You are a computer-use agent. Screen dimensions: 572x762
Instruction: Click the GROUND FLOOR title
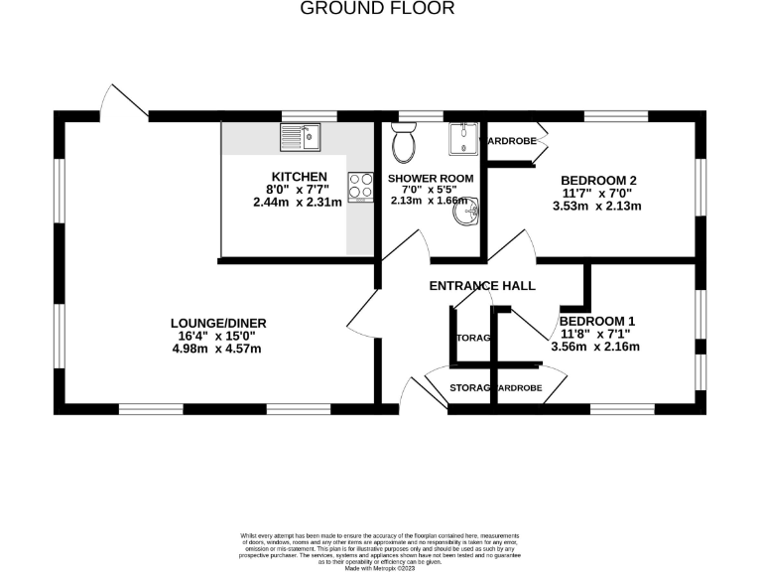coord(377,9)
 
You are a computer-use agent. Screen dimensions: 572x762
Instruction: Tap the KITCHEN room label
coord(297,177)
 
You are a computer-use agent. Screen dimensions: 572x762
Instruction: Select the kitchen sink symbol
coord(303,137)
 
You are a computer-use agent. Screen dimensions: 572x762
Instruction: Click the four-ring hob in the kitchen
coord(358,186)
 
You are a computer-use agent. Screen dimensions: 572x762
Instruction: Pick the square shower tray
coord(463,140)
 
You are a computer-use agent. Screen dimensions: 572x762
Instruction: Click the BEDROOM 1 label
coord(595,321)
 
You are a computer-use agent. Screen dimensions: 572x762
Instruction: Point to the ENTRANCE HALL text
coord(482,286)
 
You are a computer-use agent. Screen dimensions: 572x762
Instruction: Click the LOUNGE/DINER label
coord(218,323)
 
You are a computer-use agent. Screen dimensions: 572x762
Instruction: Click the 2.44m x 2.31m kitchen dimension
coord(297,202)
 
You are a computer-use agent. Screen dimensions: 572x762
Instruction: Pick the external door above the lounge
coord(120,100)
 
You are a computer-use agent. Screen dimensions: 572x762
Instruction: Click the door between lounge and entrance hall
coord(361,313)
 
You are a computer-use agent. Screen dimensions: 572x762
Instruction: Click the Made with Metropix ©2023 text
coord(381,566)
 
